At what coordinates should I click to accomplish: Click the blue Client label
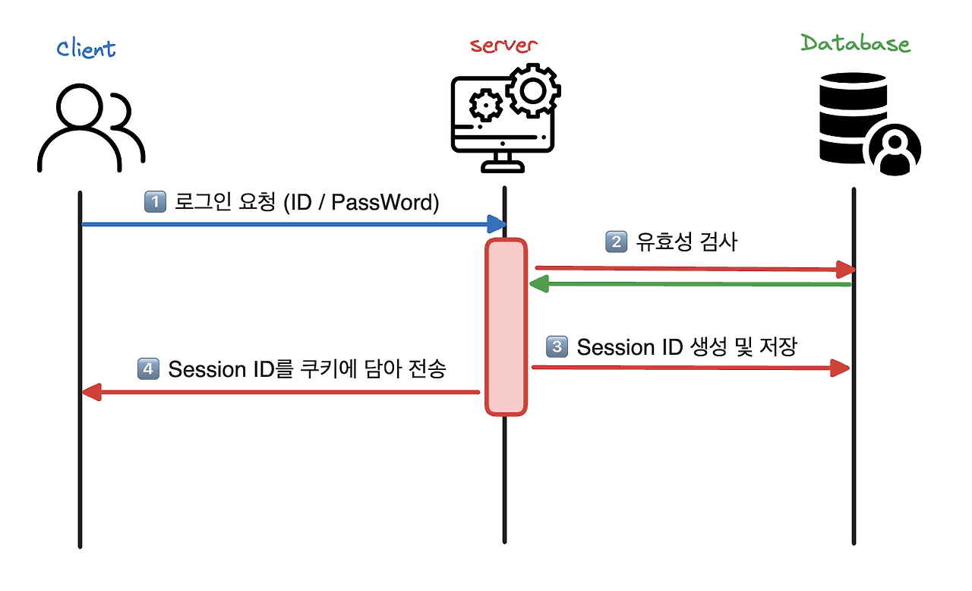pos(86,49)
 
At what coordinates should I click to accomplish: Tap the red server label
pos(503,46)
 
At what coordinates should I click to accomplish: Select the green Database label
pos(855,43)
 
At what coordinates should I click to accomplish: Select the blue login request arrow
pos(292,224)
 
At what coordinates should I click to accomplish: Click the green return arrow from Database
pos(691,285)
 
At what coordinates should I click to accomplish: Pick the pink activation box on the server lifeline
pos(506,327)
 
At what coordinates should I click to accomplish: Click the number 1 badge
pos(154,203)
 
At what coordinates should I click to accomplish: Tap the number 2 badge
pos(615,242)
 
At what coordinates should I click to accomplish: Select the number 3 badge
pos(557,347)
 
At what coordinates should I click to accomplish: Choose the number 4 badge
pos(148,369)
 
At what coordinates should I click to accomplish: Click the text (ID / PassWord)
pos(361,203)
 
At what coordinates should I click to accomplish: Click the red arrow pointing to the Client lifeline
pos(281,392)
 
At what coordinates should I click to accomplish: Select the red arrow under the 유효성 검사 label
pos(695,269)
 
